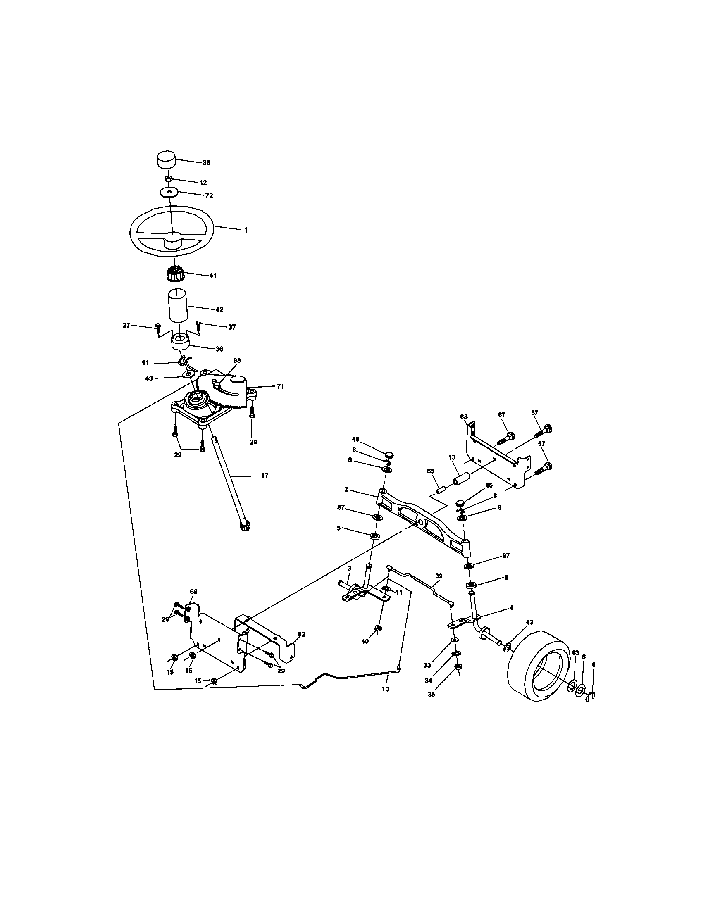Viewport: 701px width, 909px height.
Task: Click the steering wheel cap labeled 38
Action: [x=166, y=159]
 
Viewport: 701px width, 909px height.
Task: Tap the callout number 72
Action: [x=210, y=195]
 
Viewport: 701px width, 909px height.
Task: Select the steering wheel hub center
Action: [x=172, y=240]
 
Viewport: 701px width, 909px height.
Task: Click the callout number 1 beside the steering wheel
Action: [x=246, y=230]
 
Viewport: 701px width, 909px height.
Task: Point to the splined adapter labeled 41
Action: [x=174, y=275]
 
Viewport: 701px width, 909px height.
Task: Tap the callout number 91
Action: [x=145, y=363]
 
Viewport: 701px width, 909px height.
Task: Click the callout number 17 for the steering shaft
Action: [x=265, y=475]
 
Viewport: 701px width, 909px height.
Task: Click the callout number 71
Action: [x=280, y=386]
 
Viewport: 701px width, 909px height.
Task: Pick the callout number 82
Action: [x=301, y=634]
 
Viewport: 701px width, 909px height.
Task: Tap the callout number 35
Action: [x=431, y=694]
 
